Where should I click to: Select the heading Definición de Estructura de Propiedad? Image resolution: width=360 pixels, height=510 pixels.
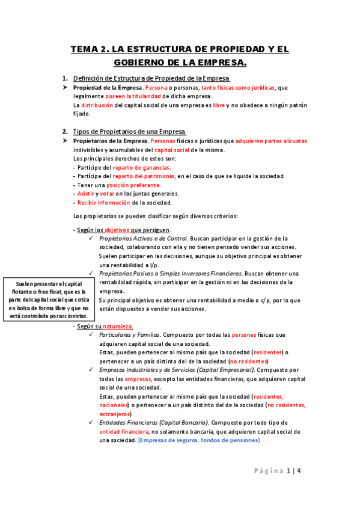151,79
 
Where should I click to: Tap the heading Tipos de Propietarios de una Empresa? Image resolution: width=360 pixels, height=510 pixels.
129,132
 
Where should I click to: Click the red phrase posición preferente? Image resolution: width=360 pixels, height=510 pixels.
134,185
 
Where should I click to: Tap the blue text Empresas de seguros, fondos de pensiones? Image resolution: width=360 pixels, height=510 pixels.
198,440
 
